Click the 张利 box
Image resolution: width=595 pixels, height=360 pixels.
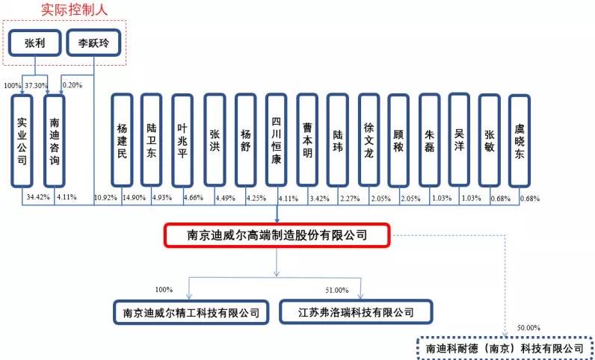34,43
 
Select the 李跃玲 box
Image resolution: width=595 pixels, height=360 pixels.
93,43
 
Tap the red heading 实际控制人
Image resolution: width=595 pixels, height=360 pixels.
64,10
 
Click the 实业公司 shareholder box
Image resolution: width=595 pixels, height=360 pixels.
22,140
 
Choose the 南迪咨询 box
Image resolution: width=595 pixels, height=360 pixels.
54,140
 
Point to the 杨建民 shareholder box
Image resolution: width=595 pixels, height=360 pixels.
123,140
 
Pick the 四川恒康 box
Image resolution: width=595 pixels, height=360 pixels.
277,140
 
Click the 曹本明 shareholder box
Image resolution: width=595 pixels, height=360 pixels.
307,140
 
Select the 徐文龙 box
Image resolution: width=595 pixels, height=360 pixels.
369,140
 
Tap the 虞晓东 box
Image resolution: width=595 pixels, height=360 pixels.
520,140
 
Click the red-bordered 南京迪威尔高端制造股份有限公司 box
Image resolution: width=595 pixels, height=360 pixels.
277,236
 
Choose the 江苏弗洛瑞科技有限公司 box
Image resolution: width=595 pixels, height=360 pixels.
346,311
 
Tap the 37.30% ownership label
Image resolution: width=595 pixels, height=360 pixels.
36,84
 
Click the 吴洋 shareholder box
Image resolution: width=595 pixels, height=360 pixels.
460,140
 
